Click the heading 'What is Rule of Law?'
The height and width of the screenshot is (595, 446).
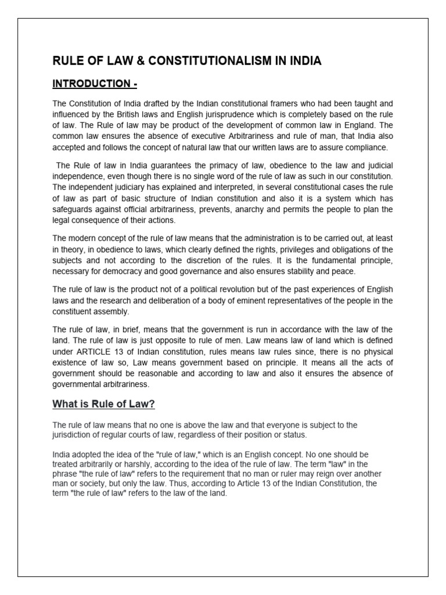click(x=104, y=404)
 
